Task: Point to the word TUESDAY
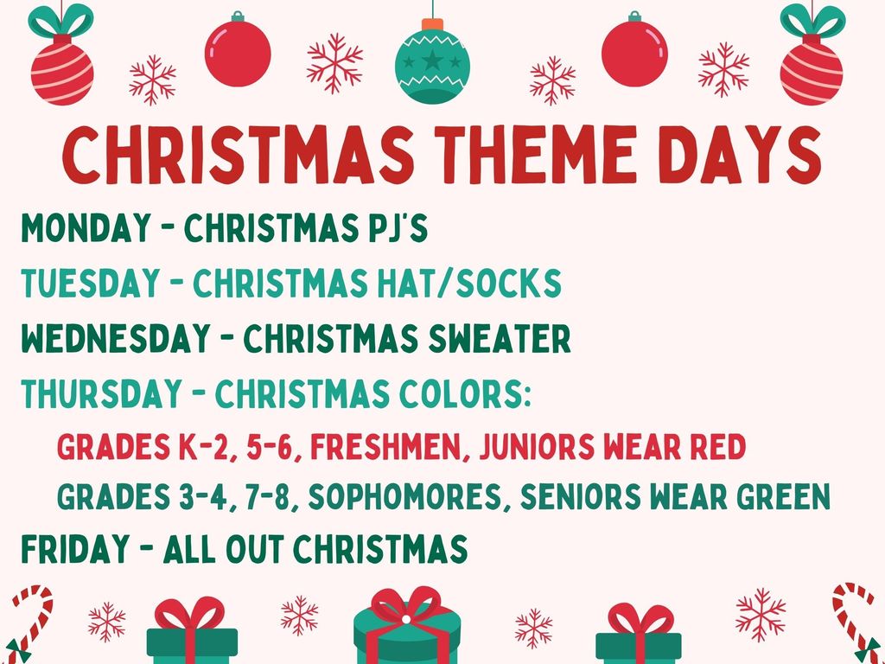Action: pyautogui.click(x=91, y=284)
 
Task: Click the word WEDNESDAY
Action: pyautogui.click(x=109, y=339)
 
